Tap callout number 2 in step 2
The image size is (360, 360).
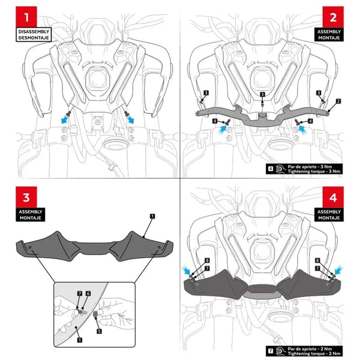pos(339,101)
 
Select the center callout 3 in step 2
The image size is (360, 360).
pos(262,95)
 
